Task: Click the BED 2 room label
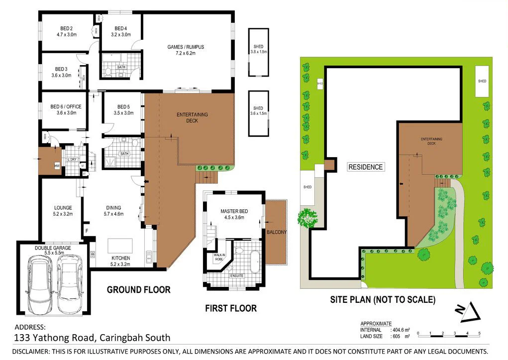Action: [65, 28]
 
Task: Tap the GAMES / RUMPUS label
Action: [185, 47]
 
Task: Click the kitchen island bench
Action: [120, 246]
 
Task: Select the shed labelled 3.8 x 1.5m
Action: [258, 51]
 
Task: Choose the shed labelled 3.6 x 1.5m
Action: [258, 113]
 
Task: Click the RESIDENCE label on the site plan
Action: [366, 167]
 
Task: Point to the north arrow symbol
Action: [468, 312]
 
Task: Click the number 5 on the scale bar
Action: [480, 333]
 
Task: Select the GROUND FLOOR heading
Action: [139, 289]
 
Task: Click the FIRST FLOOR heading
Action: [231, 308]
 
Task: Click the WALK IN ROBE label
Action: [219, 257]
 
